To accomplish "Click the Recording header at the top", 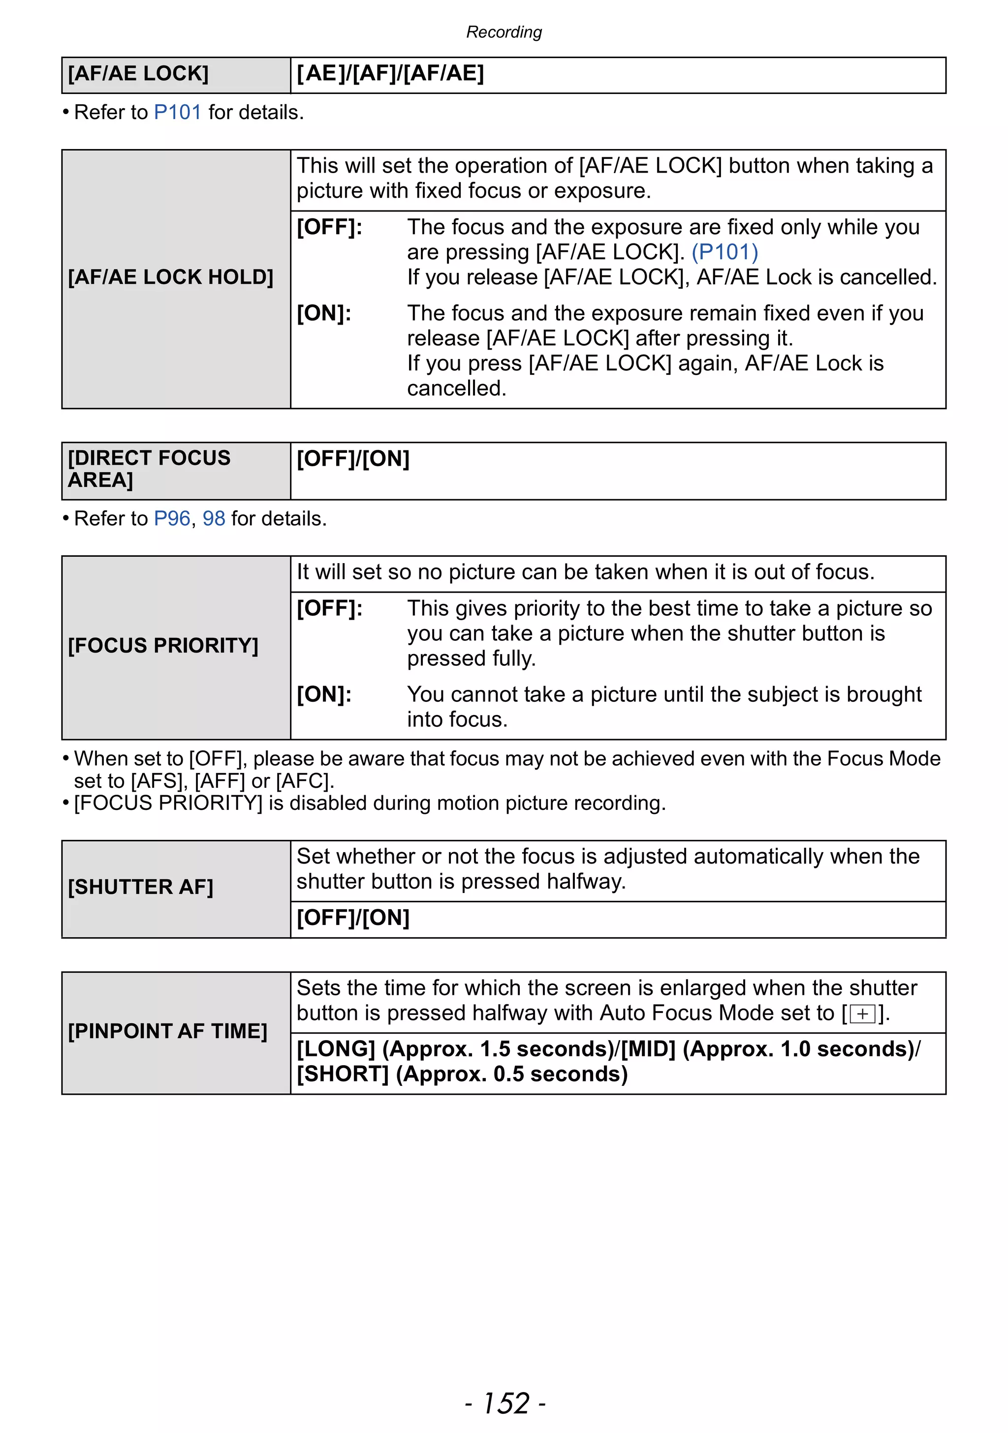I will click(504, 32).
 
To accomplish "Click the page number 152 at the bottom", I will click(505, 1403).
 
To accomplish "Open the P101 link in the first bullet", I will click(177, 112).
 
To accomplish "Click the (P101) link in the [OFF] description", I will click(724, 252).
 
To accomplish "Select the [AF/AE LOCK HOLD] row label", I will click(170, 277).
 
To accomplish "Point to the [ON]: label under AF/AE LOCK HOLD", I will click(323, 313).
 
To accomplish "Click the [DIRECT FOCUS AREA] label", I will click(149, 469).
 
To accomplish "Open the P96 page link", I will click(172, 519).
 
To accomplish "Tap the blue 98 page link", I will click(214, 519).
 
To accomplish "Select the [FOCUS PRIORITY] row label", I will click(163, 645).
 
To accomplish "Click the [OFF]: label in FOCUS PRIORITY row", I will click(329, 608).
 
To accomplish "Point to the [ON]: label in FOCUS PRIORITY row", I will click(323, 695).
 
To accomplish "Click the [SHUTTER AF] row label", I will click(141, 887).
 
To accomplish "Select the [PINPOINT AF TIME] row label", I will click(167, 1031).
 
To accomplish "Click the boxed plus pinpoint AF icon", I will click(862, 1014).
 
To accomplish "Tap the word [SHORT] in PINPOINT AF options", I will click(343, 1074).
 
